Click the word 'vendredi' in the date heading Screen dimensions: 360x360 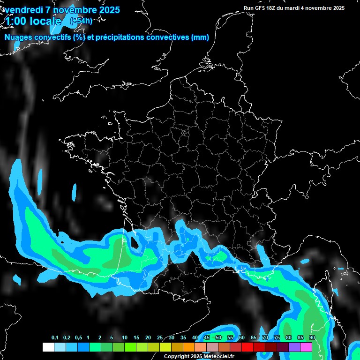[22, 10]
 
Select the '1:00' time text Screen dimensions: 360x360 [16, 21]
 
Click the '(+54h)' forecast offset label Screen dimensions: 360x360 [81, 21]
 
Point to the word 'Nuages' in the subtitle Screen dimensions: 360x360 [19, 37]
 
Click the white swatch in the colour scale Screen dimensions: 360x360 [48, 347]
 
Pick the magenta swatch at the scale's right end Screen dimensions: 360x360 [306, 347]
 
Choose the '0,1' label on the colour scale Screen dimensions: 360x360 [55, 338]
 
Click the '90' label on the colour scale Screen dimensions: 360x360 [312, 338]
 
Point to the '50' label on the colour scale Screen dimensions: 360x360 [218, 338]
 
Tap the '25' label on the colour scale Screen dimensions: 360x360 [160, 338]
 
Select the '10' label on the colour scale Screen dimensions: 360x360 [125, 338]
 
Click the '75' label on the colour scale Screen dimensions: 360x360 [277, 338]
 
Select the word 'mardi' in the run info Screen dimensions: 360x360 [293, 8]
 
